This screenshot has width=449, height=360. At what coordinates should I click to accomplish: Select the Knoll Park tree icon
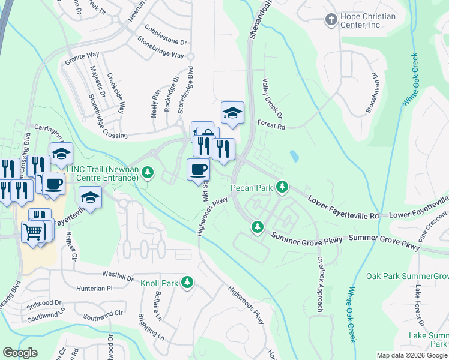[x=187, y=282]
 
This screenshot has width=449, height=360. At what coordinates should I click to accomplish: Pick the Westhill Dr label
[x=118, y=277]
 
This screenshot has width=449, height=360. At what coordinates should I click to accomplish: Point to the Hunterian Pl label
[x=94, y=289]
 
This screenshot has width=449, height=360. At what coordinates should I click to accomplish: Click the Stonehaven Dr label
[x=373, y=94]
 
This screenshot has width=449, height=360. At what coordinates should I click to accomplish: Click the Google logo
[x=20, y=353]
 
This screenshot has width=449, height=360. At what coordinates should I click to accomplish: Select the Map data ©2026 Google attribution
[x=411, y=355]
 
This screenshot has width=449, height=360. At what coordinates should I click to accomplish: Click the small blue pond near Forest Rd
[x=293, y=156]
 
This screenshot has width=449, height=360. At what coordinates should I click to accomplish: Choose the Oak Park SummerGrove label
[x=408, y=276]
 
